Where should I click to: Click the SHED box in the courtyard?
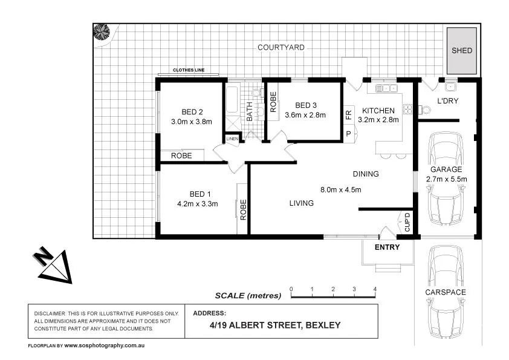click(462, 51)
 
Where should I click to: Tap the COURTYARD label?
click(280, 47)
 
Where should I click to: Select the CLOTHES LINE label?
click(189, 70)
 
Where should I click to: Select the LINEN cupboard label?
click(232, 139)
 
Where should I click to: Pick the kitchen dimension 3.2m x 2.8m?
click(378, 120)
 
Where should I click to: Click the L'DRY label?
click(447, 101)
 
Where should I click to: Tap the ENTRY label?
click(387, 247)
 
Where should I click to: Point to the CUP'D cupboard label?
click(407, 223)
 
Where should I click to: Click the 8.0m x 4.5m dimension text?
click(340, 189)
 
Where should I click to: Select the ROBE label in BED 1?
click(243, 209)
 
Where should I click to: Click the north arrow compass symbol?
click(53, 265)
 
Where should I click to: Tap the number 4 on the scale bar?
click(375, 289)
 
